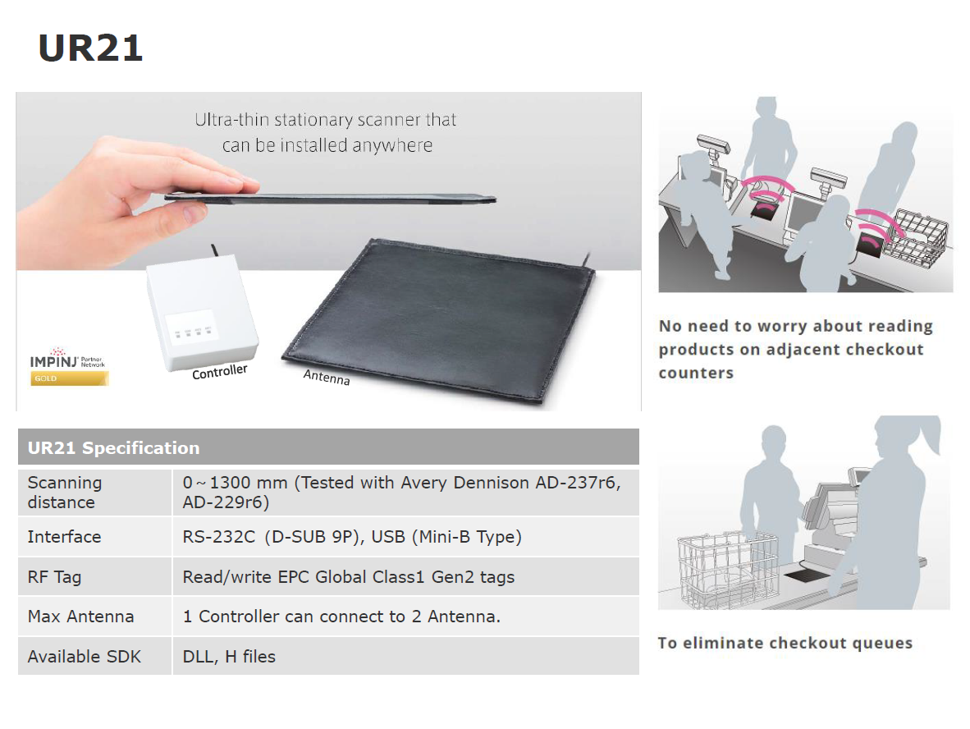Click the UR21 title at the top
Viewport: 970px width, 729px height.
90,48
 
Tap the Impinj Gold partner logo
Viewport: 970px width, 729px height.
69,366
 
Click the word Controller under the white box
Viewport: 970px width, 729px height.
220,371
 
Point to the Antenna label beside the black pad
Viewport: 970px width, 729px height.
326,377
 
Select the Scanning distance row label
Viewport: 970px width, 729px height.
65,492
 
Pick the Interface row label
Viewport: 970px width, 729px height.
64,537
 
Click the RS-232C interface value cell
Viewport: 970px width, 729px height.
352,537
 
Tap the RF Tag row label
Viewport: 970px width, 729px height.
54,577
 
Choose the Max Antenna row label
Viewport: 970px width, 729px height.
80,617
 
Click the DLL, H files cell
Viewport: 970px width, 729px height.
229,657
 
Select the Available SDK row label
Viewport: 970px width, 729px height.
85,657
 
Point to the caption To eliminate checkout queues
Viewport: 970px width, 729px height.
785,643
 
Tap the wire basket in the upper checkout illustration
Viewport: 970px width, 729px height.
915,238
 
